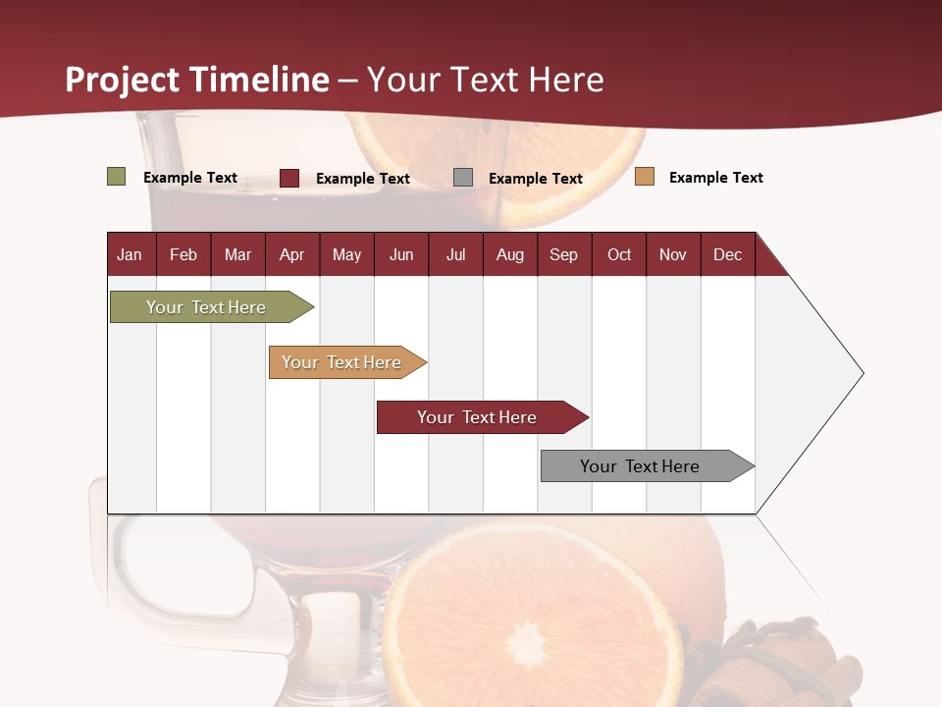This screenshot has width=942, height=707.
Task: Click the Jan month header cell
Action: coord(131,254)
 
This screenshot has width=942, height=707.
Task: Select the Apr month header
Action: coord(292,254)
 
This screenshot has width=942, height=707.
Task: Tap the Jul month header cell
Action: coord(455,254)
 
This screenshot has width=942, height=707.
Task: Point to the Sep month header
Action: coord(563,254)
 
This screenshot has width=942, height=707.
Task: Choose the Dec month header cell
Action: coord(727,254)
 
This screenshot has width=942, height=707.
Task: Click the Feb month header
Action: coord(183,254)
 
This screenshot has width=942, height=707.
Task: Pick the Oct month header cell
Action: coord(619,254)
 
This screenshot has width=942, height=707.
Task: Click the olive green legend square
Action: coord(117,177)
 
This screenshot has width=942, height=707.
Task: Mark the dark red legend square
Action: coord(289,178)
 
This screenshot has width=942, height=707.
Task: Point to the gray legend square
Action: coord(463,178)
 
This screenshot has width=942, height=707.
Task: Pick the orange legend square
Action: coord(645,177)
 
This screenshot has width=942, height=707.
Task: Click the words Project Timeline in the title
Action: coord(196,80)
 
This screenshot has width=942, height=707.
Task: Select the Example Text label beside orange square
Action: coord(715,178)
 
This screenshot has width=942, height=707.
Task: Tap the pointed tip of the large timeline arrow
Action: coord(862,373)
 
